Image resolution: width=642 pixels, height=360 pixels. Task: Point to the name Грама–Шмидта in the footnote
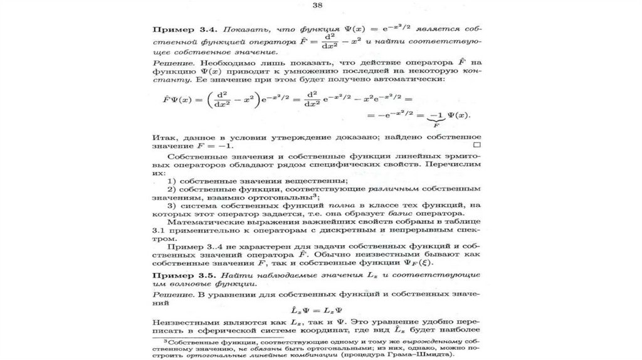tap(424, 354)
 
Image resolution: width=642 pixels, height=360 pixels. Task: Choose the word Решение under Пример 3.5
tap(172, 294)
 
